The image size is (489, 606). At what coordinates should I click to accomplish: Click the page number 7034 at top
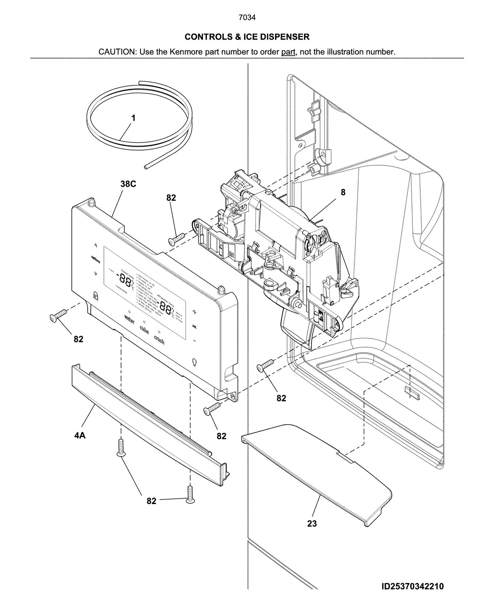pos(247,18)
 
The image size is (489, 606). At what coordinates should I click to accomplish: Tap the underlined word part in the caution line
pos(288,52)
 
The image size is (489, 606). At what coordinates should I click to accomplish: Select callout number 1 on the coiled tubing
pos(133,118)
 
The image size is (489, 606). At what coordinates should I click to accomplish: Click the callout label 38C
pos(128,184)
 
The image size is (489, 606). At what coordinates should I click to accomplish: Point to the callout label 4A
pos(80,435)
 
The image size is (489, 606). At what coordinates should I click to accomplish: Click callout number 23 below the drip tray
pos(312,524)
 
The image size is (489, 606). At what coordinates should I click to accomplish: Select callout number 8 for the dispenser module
pos(343,192)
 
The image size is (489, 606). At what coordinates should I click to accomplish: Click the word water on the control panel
pos(129,319)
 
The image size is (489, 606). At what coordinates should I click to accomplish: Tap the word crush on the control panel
pos(159,339)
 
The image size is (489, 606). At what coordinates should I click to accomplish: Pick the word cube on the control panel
pos(144,330)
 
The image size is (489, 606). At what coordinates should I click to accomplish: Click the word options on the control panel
pos(96,259)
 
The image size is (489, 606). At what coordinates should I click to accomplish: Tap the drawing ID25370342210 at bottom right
pos(412,586)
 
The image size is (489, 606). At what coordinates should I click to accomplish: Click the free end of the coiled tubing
pos(146,167)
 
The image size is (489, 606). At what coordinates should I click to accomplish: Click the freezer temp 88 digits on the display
pos(125,278)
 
